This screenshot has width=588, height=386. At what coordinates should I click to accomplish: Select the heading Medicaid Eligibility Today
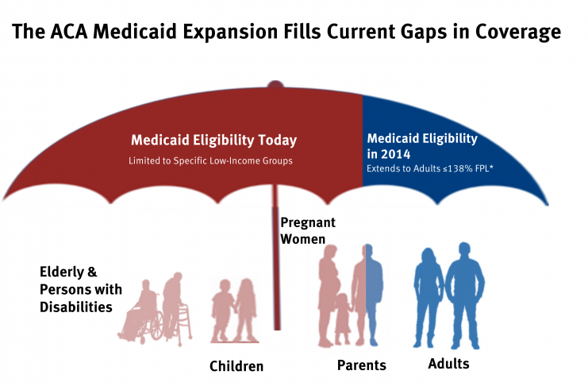click(x=213, y=141)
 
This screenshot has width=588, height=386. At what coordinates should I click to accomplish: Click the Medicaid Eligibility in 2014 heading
click(x=422, y=145)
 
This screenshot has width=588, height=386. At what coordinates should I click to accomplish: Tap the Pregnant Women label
click(x=307, y=230)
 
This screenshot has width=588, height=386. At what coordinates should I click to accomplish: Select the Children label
click(x=236, y=366)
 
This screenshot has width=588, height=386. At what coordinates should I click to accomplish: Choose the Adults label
click(x=448, y=364)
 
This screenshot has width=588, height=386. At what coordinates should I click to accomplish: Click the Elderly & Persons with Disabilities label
click(x=76, y=289)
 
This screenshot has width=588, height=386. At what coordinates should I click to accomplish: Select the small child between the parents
click(x=344, y=318)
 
